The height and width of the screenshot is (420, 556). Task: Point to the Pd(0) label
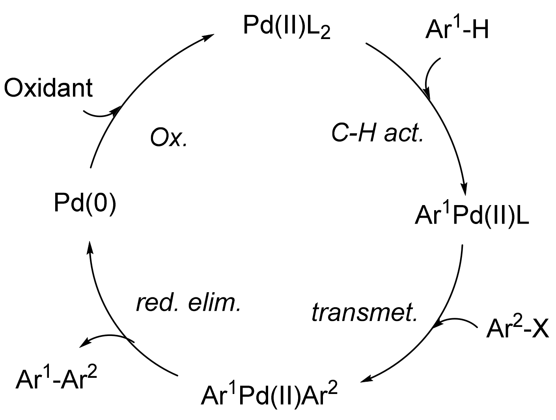(x=85, y=204)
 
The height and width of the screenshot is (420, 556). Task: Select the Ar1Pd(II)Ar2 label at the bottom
(x=269, y=396)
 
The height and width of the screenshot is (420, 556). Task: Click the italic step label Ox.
(x=168, y=138)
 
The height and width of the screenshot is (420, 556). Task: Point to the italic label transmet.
(x=364, y=313)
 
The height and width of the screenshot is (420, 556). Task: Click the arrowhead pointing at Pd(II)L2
(x=208, y=36)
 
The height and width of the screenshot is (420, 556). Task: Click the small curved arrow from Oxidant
(x=101, y=114)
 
